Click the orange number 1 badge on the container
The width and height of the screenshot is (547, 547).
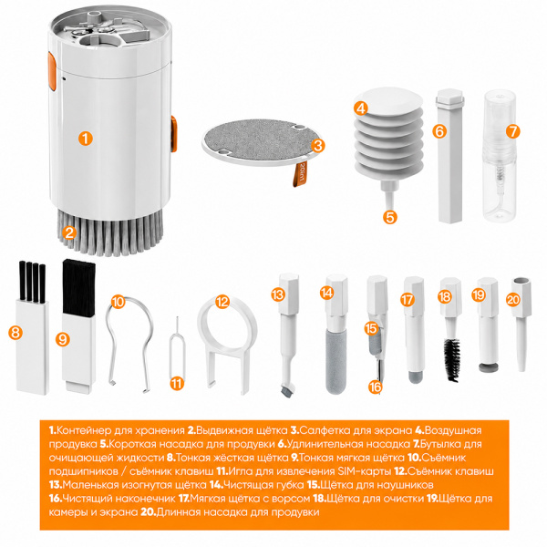pos(86,139)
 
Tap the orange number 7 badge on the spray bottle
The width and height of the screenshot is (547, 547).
pos(512,131)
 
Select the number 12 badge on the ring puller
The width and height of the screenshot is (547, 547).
pos(222,302)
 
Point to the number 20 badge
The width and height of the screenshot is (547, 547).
pos(513,300)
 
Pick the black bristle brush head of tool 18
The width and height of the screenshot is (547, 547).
pos(452,359)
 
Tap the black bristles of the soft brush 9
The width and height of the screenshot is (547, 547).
pos(78,288)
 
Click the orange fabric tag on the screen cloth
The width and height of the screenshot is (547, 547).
pos(300,174)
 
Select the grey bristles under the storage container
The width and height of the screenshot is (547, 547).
pos(110,232)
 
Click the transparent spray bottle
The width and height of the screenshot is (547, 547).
pos(500,155)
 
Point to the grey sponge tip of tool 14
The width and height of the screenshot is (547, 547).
pos(335,362)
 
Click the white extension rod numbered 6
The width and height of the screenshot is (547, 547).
pos(450,156)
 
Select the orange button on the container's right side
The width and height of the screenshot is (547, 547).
pos(174,134)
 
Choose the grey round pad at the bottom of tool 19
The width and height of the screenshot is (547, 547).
pos(489,367)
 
